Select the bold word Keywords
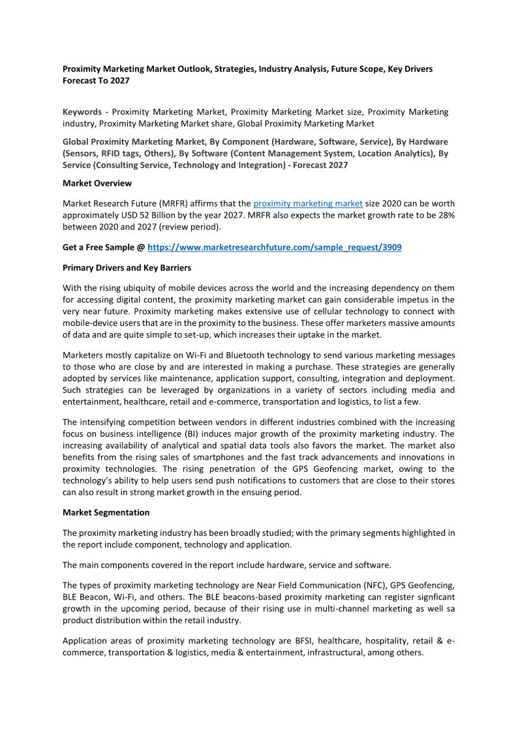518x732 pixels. (x=82, y=111)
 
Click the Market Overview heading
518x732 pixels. (x=97, y=183)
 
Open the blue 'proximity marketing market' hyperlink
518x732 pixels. (x=308, y=204)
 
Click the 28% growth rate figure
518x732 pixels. (x=444, y=214)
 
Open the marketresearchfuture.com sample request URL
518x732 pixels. (x=275, y=248)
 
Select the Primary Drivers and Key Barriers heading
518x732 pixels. (x=127, y=268)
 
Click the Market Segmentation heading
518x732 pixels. (x=106, y=512)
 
